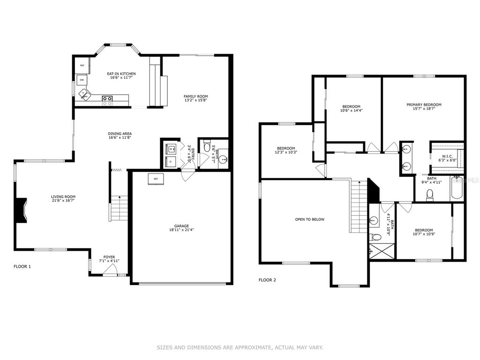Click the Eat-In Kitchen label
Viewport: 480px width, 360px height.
121,74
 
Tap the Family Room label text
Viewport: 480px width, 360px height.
195,97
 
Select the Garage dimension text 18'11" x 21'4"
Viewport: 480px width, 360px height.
181,230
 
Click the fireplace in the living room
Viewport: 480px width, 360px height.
22,210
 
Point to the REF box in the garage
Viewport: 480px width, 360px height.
156,179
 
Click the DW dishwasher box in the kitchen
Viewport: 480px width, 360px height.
82,80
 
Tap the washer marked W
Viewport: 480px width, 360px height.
171,149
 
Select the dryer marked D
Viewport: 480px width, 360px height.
171,161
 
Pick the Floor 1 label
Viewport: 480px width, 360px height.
22,266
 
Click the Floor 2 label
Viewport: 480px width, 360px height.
267,280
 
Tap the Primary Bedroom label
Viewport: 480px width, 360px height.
424,105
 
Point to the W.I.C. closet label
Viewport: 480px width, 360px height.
447,157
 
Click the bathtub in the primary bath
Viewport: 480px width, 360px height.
457,188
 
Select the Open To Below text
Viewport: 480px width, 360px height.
309,219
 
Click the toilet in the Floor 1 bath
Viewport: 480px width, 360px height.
207,146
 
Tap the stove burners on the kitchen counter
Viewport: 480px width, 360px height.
107,101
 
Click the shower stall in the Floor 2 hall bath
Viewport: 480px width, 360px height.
382,251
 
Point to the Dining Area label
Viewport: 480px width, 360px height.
120,134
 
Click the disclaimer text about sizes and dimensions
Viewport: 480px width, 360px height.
240,347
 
